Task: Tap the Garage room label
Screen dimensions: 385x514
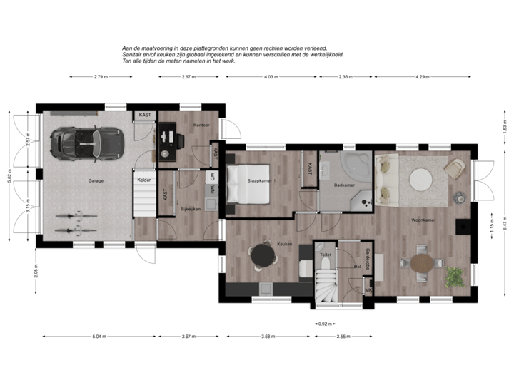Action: (96, 181)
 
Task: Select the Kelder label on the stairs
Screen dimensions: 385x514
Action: (143, 180)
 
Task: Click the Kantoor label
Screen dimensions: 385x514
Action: (190, 126)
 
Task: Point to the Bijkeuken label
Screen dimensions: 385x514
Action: (189, 209)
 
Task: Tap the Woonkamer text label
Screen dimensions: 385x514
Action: (423, 220)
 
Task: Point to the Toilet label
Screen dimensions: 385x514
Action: (326, 254)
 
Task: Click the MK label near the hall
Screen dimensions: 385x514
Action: (368, 291)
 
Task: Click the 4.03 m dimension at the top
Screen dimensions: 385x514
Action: (270, 76)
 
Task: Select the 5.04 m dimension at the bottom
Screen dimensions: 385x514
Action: (99, 335)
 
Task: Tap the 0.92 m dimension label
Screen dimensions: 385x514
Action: (323, 323)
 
